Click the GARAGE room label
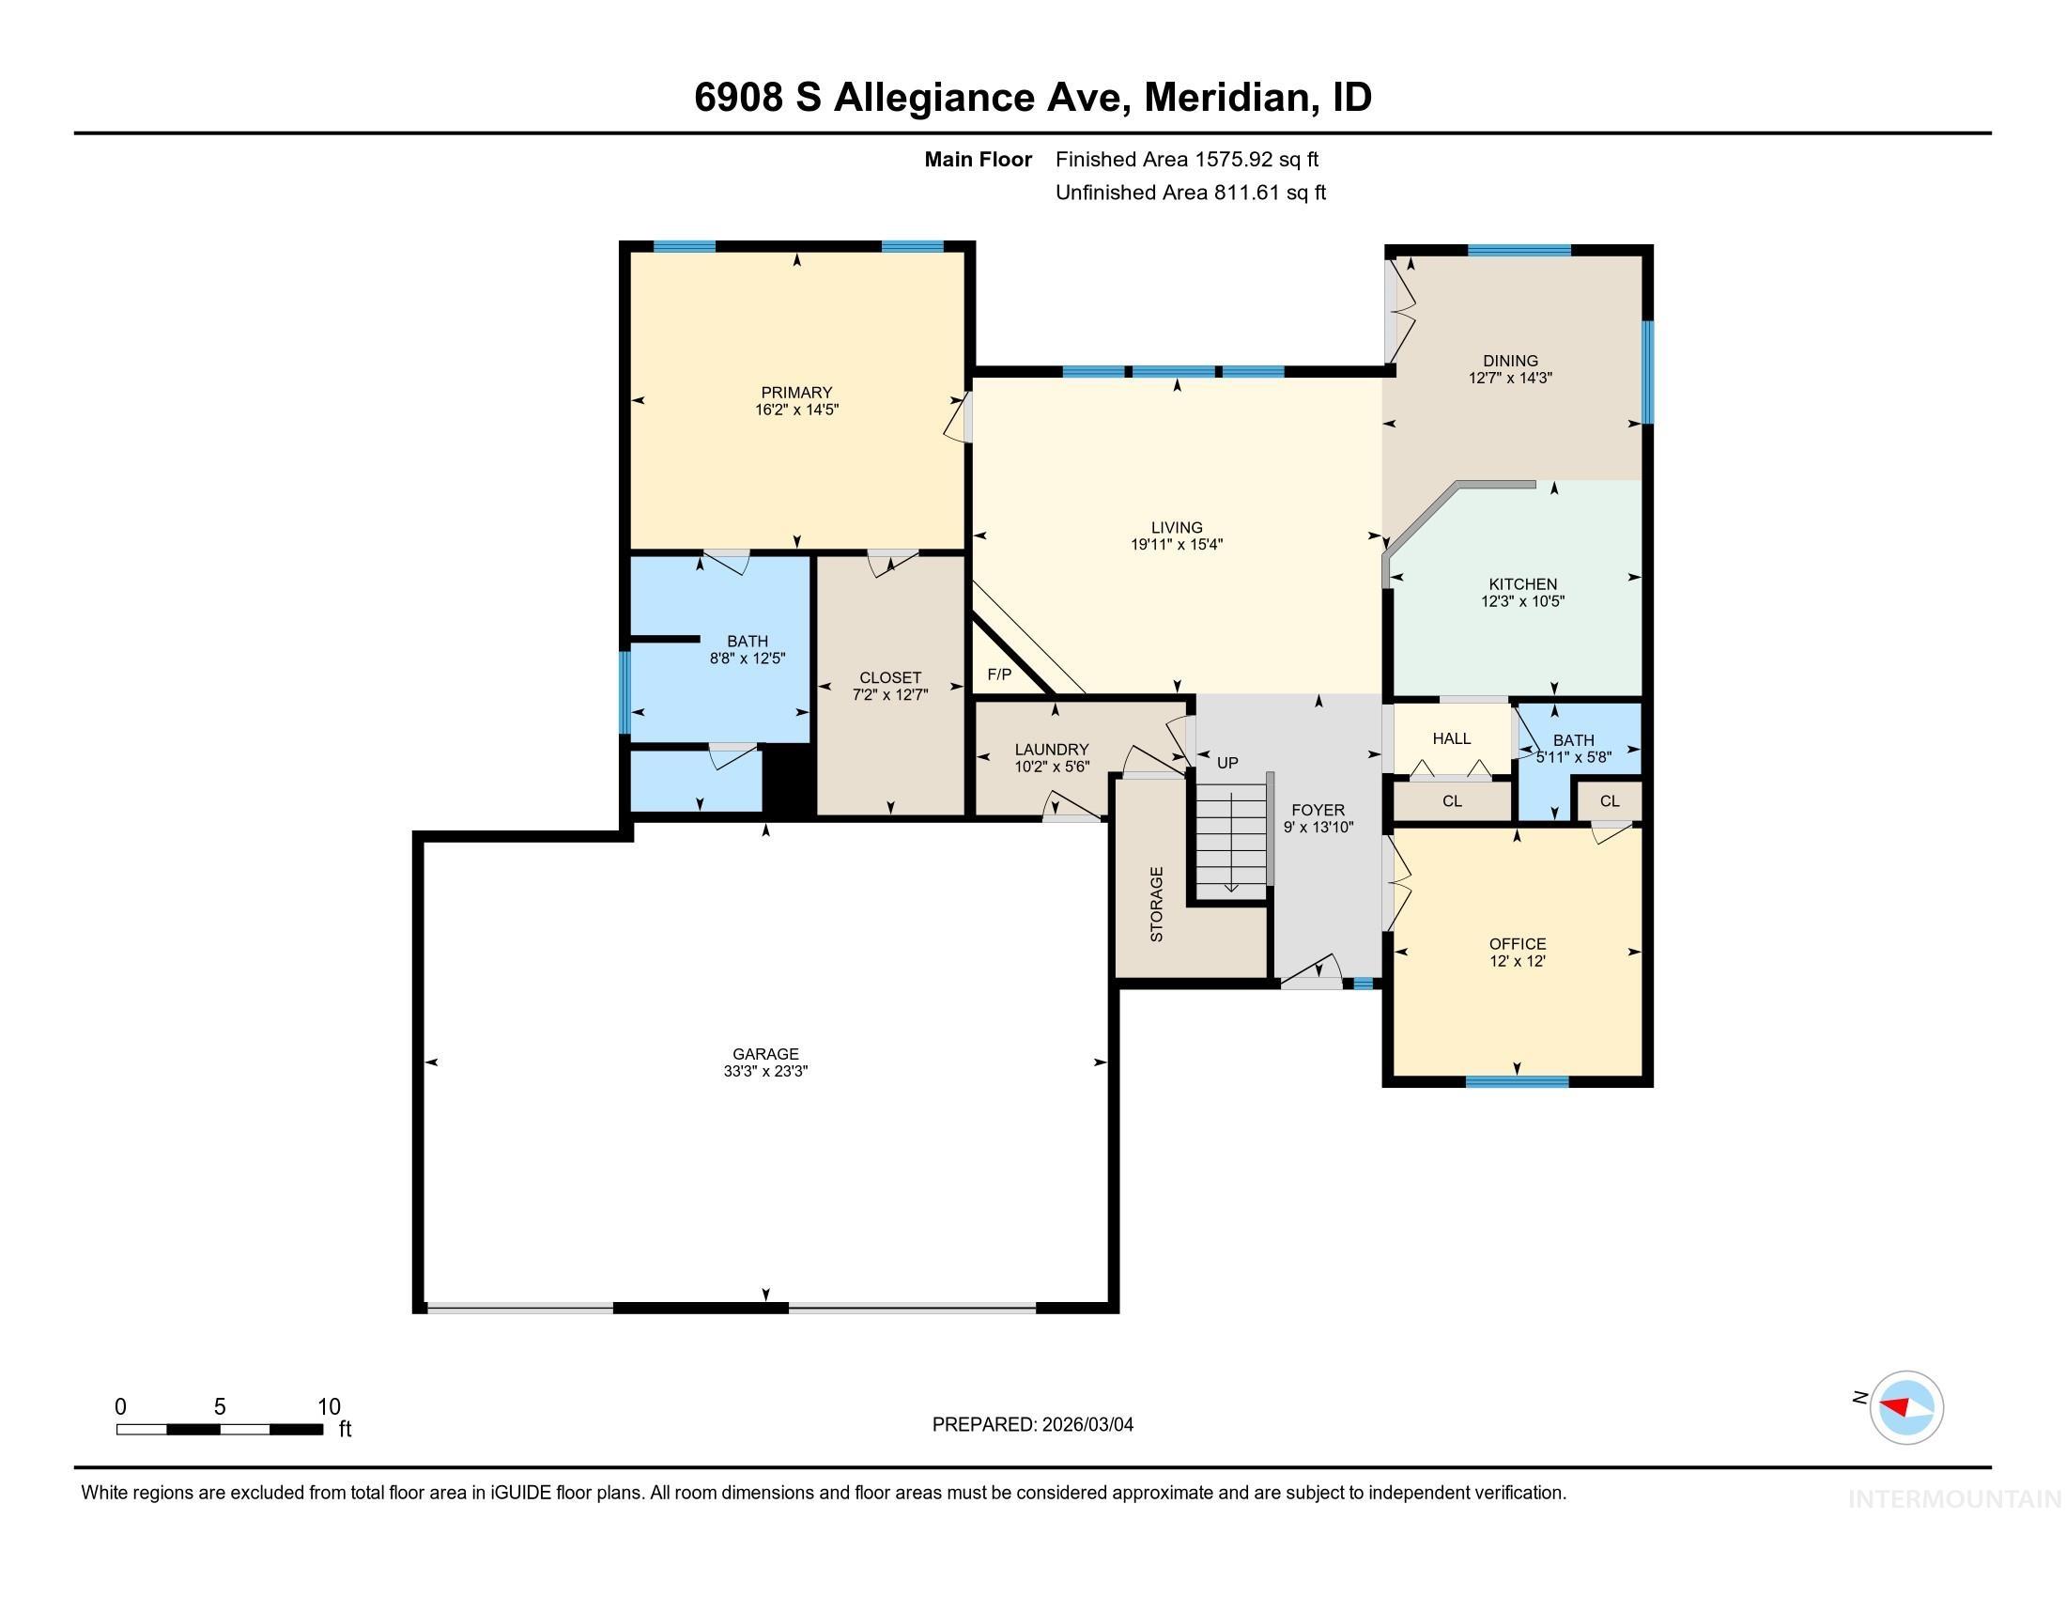pos(765,1054)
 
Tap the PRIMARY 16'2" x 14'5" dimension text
pos(796,410)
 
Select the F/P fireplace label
pos(999,674)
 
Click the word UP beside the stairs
pos(1227,763)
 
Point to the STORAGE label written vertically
pos(1156,904)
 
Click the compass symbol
pos(1906,1407)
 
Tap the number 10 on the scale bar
pos(329,1406)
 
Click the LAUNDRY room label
pos(1051,750)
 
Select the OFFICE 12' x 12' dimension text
pos(1518,961)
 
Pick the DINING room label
pos(1510,361)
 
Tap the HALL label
pos(1451,738)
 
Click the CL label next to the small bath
pos(1609,800)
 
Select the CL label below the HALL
pos(1452,800)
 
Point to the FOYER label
pos(1318,810)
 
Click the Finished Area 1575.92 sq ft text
pos(1186,159)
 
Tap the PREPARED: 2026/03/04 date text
pos(1032,1424)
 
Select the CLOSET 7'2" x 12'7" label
pos(889,686)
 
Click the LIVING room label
pos(1177,527)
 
